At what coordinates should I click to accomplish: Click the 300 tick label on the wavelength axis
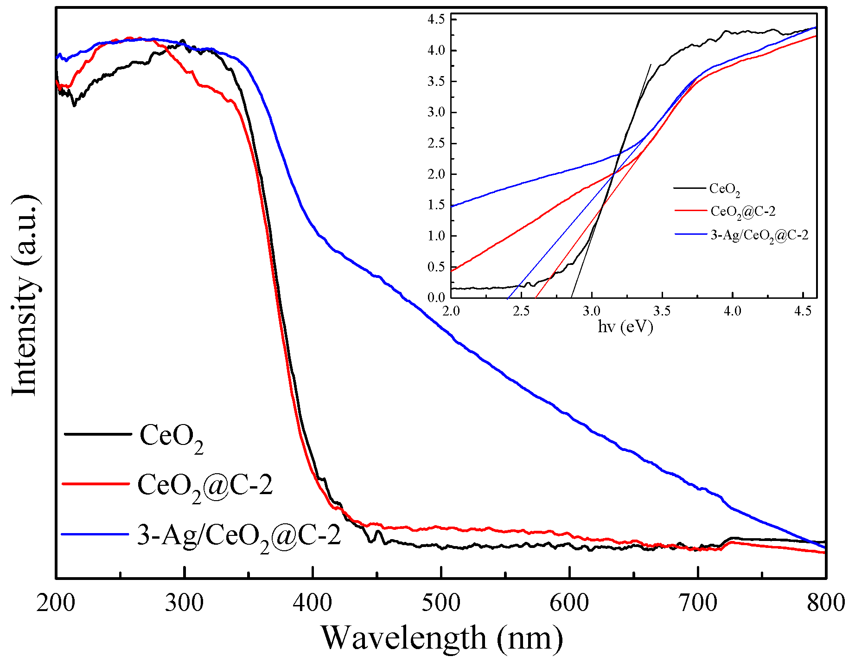tap(184, 603)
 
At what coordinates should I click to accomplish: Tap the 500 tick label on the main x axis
tap(441, 603)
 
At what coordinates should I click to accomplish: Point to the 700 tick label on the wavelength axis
tap(697, 603)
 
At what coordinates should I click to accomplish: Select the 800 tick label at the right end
tap(826, 603)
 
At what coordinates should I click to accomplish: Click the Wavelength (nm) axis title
tap(441, 638)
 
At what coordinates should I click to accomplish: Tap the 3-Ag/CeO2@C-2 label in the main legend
tap(239, 537)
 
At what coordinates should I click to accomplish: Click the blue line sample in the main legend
tap(95, 534)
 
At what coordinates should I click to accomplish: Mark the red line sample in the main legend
tap(95, 484)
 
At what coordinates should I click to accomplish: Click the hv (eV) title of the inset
tap(625, 327)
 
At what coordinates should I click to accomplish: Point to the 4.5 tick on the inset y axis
tap(436, 19)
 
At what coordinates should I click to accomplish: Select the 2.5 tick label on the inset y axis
tap(436, 143)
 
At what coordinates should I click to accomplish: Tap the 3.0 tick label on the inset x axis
tap(592, 311)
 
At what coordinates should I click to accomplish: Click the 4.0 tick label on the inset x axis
tap(732, 311)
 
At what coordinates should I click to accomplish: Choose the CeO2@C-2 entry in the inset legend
tap(743, 212)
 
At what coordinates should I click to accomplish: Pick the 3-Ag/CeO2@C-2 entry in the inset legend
tap(759, 236)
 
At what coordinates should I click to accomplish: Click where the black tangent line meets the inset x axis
tap(572, 297)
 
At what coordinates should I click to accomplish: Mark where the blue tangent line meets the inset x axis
tap(508, 297)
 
